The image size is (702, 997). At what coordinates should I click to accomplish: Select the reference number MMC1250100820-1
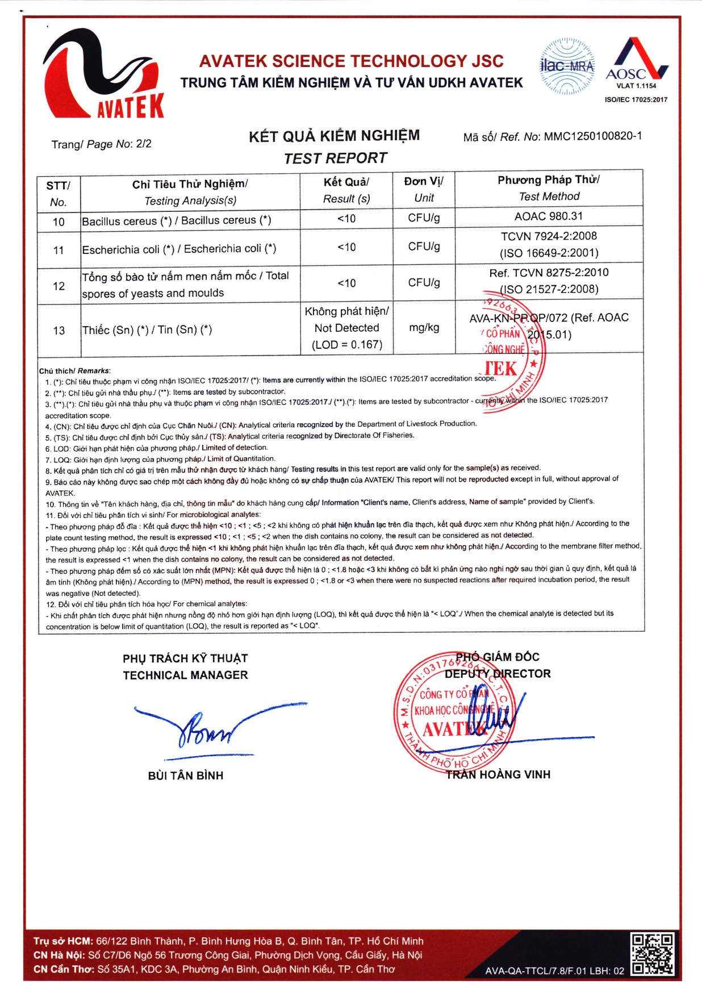click(592, 136)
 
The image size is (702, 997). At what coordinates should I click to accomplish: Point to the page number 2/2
click(144, 144)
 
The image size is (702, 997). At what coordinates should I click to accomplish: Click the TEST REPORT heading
click(335, 158)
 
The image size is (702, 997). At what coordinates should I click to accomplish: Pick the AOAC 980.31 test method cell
click(548, 216)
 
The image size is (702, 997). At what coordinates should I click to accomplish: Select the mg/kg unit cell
click(424, 328)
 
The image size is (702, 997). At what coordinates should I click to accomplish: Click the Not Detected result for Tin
click(346, 328)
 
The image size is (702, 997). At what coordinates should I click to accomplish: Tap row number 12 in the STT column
click(58, 286)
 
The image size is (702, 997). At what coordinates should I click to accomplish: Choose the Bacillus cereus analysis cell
click(177, 220)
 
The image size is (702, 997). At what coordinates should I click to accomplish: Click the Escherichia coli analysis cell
click(179, 249)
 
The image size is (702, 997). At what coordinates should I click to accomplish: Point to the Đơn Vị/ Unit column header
click(424, 189)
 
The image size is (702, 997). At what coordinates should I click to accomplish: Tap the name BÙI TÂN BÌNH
click(186, 775)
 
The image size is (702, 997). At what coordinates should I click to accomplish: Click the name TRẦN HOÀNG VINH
click(498, 774)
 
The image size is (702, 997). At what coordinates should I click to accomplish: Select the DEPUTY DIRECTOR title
click(498, 674)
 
